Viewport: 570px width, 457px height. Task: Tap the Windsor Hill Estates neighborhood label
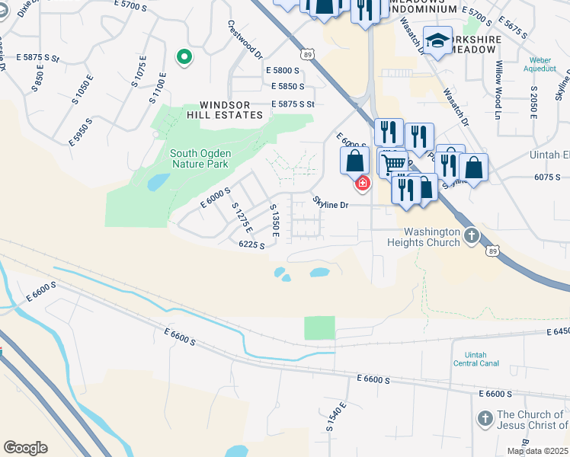coord(231,110)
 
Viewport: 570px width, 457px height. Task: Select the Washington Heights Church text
coord(431,237)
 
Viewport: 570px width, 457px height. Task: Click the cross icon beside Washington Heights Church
coord(472,235)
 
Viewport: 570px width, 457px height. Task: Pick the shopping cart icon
coord(393,163)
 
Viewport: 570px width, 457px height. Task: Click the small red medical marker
coord(362,183)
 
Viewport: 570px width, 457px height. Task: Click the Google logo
coord(25,447)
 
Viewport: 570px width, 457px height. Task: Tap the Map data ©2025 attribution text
coord(537,451)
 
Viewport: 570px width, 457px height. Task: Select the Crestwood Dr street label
coord(245,40)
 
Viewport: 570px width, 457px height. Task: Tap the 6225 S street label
coord(251,244)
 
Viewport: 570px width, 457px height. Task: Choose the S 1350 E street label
coord(275,220)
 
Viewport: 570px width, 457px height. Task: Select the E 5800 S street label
coord(283,70)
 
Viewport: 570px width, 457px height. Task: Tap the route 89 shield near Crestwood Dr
coord(307,54)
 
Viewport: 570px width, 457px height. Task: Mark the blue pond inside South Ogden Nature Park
coord(159,182)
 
